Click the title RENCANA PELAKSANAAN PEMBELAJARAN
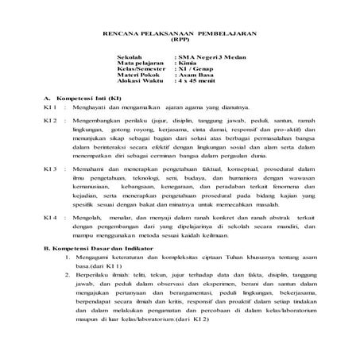(x=180, y=34)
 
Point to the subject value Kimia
(x=185, y=66)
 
